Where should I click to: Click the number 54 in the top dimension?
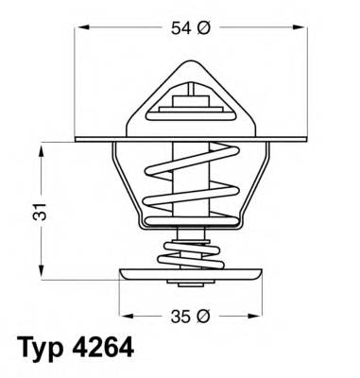pyautogui.click(x=179, y=29)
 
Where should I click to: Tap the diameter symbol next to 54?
pyautogui.click(x=203, y=29)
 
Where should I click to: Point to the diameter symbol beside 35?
pyautogui.click(x=203, y=314)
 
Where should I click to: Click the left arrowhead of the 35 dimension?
pyautogui.click(x=124, y=314)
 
